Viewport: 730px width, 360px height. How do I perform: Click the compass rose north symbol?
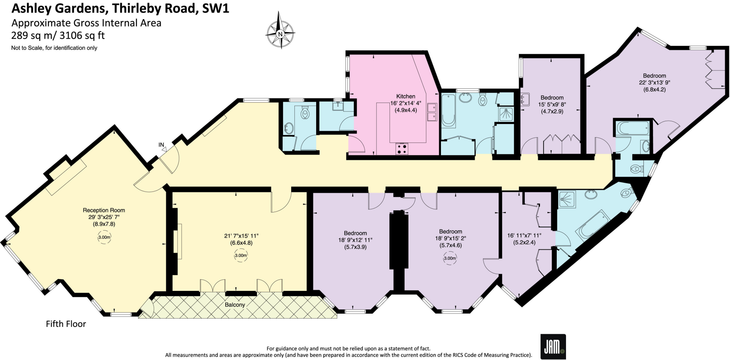tap(280, 34)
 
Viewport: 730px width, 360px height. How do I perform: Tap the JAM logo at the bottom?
tap(553, 346)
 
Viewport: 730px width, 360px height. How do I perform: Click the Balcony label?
tap(235, 305)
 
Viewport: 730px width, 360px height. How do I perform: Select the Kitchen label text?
tap(406, 96)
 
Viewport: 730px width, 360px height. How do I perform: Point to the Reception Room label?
tap(104, 210)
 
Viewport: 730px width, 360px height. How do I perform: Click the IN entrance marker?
tap(161, 145)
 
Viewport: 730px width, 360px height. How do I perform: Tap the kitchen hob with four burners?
tap(402, 149)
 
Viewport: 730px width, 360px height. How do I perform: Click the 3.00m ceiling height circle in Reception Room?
tap(104, 237)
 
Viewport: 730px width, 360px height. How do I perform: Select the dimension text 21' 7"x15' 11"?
tap(241, 236)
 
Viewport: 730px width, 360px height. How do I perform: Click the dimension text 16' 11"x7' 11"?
tap(524, 236)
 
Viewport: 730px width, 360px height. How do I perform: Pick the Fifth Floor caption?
tap(66, 324)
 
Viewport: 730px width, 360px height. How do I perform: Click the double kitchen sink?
tap(432, 112)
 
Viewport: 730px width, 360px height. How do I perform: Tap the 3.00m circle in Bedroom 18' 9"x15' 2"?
tap(450, 258)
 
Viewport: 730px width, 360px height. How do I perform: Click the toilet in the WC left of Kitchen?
tap(305, 113)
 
